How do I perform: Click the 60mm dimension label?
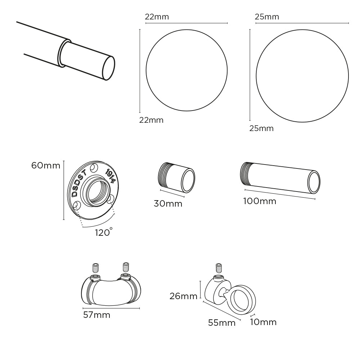pyautogui.click(x=46, y=166)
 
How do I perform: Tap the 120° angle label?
pyautogui.click(x=104, y=232)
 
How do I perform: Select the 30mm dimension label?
pyautogui.click(x=168, y=204)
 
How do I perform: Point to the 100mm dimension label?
pyautogui.click(x=260, y=201)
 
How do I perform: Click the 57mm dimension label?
pyautogui.click(x=96, y=315)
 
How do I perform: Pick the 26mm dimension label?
pyautogui.click(x=184, y=296)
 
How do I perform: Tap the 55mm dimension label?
pyautogui.click(x=222, y=323)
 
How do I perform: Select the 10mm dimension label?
pyautogui.click(x=263, y=322)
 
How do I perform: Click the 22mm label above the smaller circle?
pyautogui.click(x=157, y=17)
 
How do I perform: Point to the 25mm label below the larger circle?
pyautogui.click(x=261, y=129)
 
